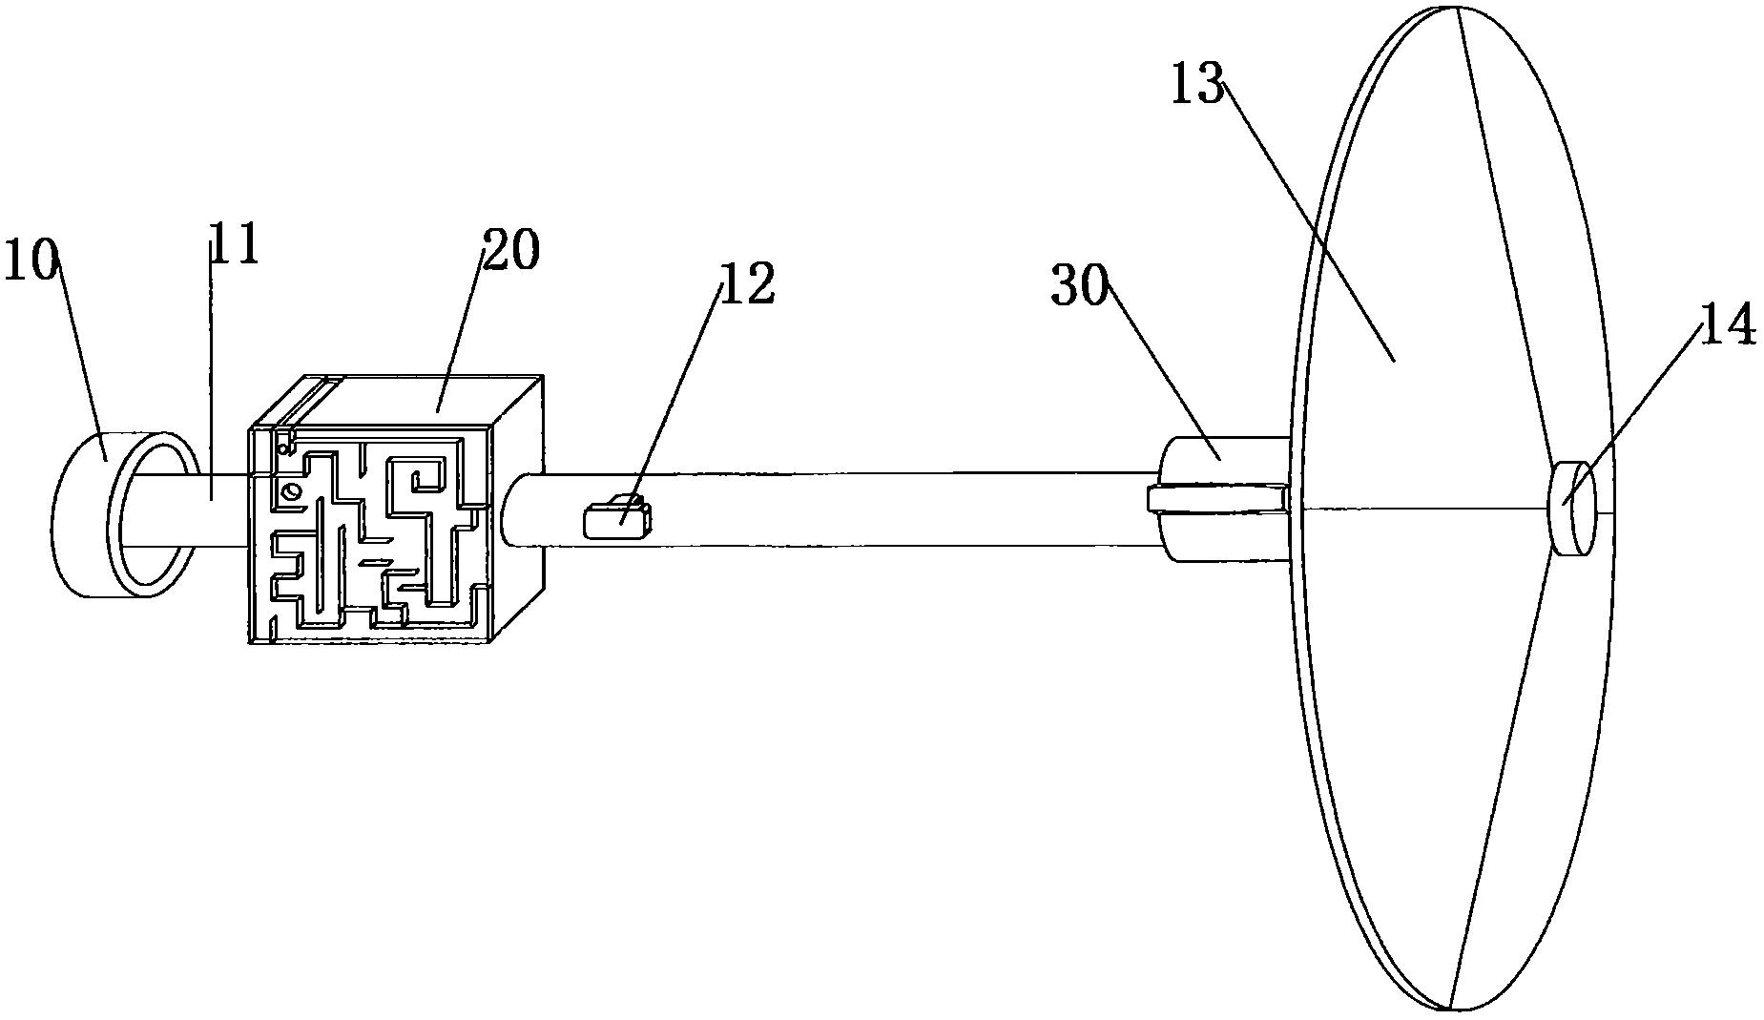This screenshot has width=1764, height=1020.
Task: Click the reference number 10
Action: (31, 260)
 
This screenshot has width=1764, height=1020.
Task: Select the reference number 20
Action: (510, 250)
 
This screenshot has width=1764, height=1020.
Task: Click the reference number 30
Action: (1078, 285)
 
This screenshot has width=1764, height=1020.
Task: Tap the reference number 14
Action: (1728, 325)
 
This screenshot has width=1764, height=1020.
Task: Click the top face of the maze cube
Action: (420, 399)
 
